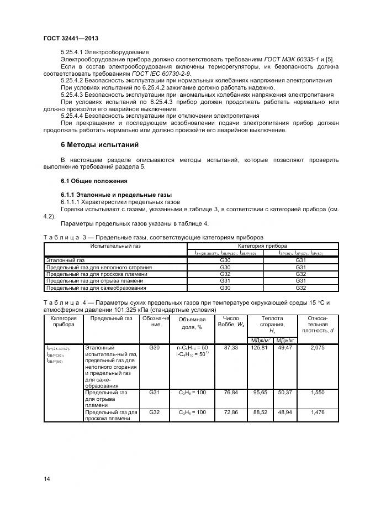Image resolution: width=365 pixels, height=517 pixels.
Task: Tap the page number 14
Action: click(47, 479)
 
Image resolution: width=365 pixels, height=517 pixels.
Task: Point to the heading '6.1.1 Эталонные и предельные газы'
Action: click(116, 195)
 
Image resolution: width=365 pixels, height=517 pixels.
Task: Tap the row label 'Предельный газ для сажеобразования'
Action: click(96, 288)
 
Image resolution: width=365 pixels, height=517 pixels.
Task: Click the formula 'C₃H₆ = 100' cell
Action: click(192, 412)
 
